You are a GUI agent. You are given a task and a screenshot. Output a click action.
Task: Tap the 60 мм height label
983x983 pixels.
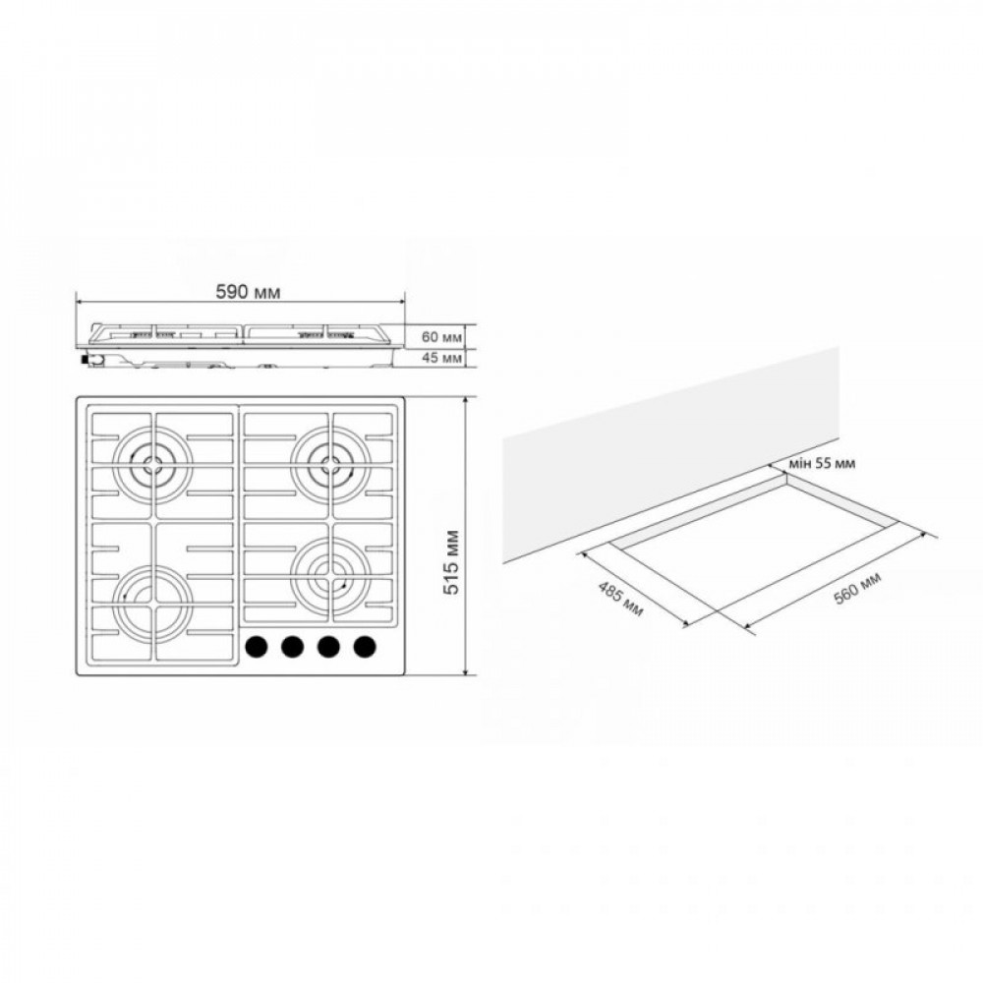click(x=441, y=337)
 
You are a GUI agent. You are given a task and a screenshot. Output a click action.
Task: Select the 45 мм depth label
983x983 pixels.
click(x=441, y=358)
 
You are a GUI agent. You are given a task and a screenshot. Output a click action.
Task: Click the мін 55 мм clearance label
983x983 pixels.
click(x=822, y=463)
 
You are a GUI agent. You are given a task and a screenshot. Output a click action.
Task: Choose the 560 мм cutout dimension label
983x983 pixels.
click(x=858, y=589)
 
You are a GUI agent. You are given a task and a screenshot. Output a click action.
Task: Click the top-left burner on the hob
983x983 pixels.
click(x=153, y=465)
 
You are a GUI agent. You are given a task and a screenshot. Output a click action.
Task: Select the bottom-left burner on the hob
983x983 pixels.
click(x=153, y=597)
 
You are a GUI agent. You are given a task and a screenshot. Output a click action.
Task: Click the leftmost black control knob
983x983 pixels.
click(x=257, y=646)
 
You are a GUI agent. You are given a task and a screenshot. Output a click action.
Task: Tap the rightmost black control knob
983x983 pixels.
click(x=365, y=646)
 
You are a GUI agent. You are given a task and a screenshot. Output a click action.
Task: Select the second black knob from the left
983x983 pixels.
click(x=292, y=646)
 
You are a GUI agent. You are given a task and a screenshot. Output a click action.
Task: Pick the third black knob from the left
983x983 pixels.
click(x=328, y=646)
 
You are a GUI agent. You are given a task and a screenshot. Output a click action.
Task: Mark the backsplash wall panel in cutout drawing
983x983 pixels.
click(x=668, y=452)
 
